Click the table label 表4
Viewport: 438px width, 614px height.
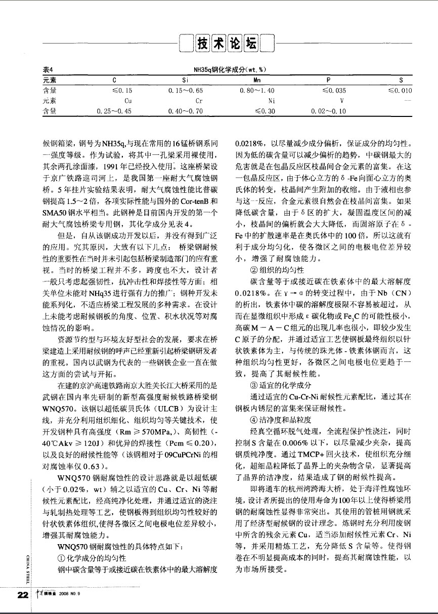(48, 70)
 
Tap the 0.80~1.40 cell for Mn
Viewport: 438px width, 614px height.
(257, 91)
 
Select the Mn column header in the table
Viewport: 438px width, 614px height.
(256, 80)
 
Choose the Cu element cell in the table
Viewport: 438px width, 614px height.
(114, 101)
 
